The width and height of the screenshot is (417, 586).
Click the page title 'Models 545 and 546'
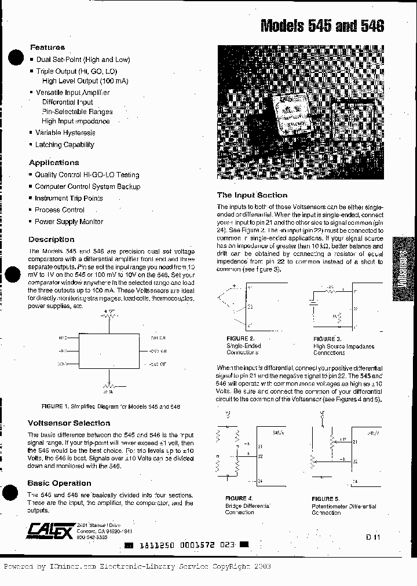(x=322, y=26)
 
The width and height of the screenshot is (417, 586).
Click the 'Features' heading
(x=47, y=47)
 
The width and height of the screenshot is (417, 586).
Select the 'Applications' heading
(x=54, y=163)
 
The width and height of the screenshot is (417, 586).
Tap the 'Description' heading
(x=52, y=239)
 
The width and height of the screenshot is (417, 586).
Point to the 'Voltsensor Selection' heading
(x=69, y=423)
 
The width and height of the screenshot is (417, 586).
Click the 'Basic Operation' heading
(x=59, y=483)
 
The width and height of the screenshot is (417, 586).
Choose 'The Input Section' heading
(x=252, y=195)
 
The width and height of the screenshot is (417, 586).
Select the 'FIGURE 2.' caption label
(x=240, y=339)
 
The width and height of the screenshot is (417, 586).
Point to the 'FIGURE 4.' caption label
(x=239, y=499)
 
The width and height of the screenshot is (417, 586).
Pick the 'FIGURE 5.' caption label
(x=325, y=499)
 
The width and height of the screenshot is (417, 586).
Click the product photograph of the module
(x=301, y=113)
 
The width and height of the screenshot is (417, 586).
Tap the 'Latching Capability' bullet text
(x=64, y=145)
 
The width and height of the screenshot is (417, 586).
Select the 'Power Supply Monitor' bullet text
(x=69, y=222)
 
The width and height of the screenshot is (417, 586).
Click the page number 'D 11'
(x=373, y=537)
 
